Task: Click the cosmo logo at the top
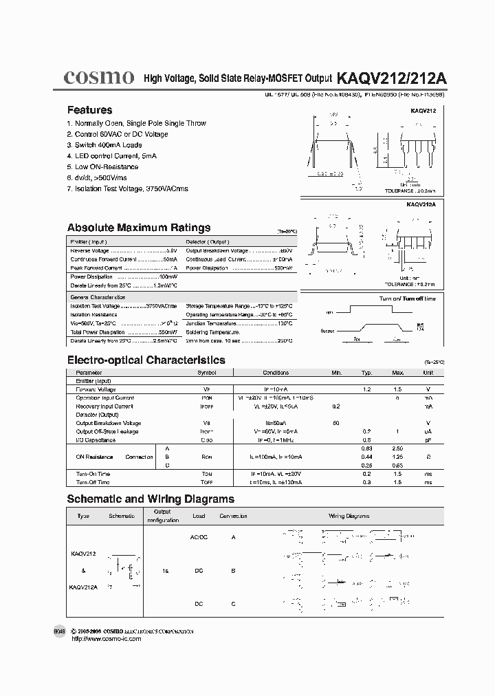(x=98, y=78)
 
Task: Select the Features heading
(x=89, y=110)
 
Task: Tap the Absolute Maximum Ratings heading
(x=138, y=228)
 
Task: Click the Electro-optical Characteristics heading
(x=146, y=360)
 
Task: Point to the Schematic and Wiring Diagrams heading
(x=150, y=499)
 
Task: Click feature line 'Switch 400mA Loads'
(x=104, y=145)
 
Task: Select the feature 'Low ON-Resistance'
(x=102, y=166)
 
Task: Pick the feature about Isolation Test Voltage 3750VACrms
(x=127, y=188)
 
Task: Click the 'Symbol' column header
(x=206, y=373)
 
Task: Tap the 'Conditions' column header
(x=276, y=373)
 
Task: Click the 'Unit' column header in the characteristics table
(x=428, y=373)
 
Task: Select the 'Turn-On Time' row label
(x=93, y=474)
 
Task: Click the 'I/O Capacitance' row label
(x=96, y=439)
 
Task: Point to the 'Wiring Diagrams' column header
(x=349, y=516)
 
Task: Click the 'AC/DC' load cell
(x=198, y=536)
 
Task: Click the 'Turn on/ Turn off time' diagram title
(x=407, y=298)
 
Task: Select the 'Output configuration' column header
(x=162, y=516)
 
